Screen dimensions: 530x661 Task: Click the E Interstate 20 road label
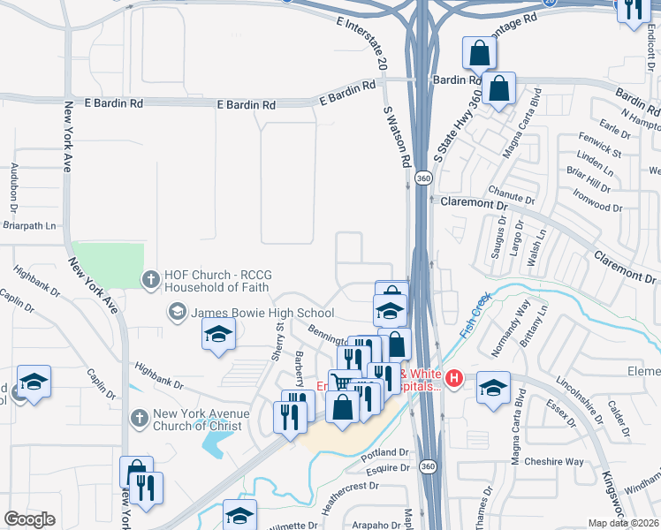pos(363,41)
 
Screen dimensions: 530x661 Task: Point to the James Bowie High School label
pos(262,313)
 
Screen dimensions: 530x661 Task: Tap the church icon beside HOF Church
pos(151,280)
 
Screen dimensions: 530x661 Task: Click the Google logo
pos(30,519)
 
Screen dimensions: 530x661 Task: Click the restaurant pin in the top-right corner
pos(633,9)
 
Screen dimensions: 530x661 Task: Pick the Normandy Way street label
pos(510,328)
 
